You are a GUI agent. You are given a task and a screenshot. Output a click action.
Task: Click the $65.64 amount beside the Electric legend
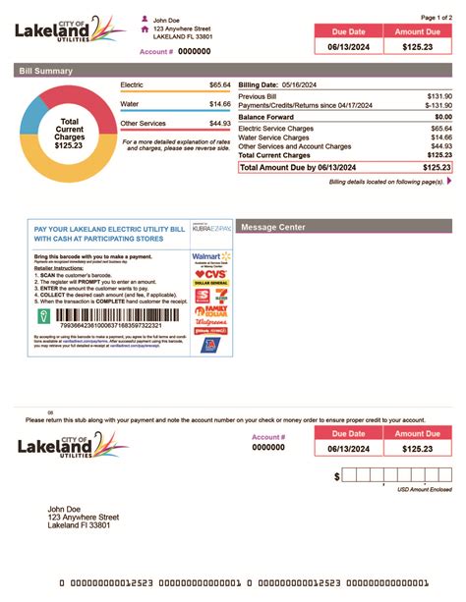(219, 86)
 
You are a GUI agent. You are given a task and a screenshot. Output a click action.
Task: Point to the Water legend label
(129, 103)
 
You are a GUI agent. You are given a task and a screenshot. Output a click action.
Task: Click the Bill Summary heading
(45, 71)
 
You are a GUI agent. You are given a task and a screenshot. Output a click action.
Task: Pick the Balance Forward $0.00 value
(438, 117)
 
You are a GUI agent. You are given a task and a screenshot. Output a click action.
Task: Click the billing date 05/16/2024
(302, 85)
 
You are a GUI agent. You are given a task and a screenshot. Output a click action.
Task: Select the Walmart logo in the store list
(209, 257)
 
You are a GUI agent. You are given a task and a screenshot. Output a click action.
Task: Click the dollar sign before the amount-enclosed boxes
(337, 476)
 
